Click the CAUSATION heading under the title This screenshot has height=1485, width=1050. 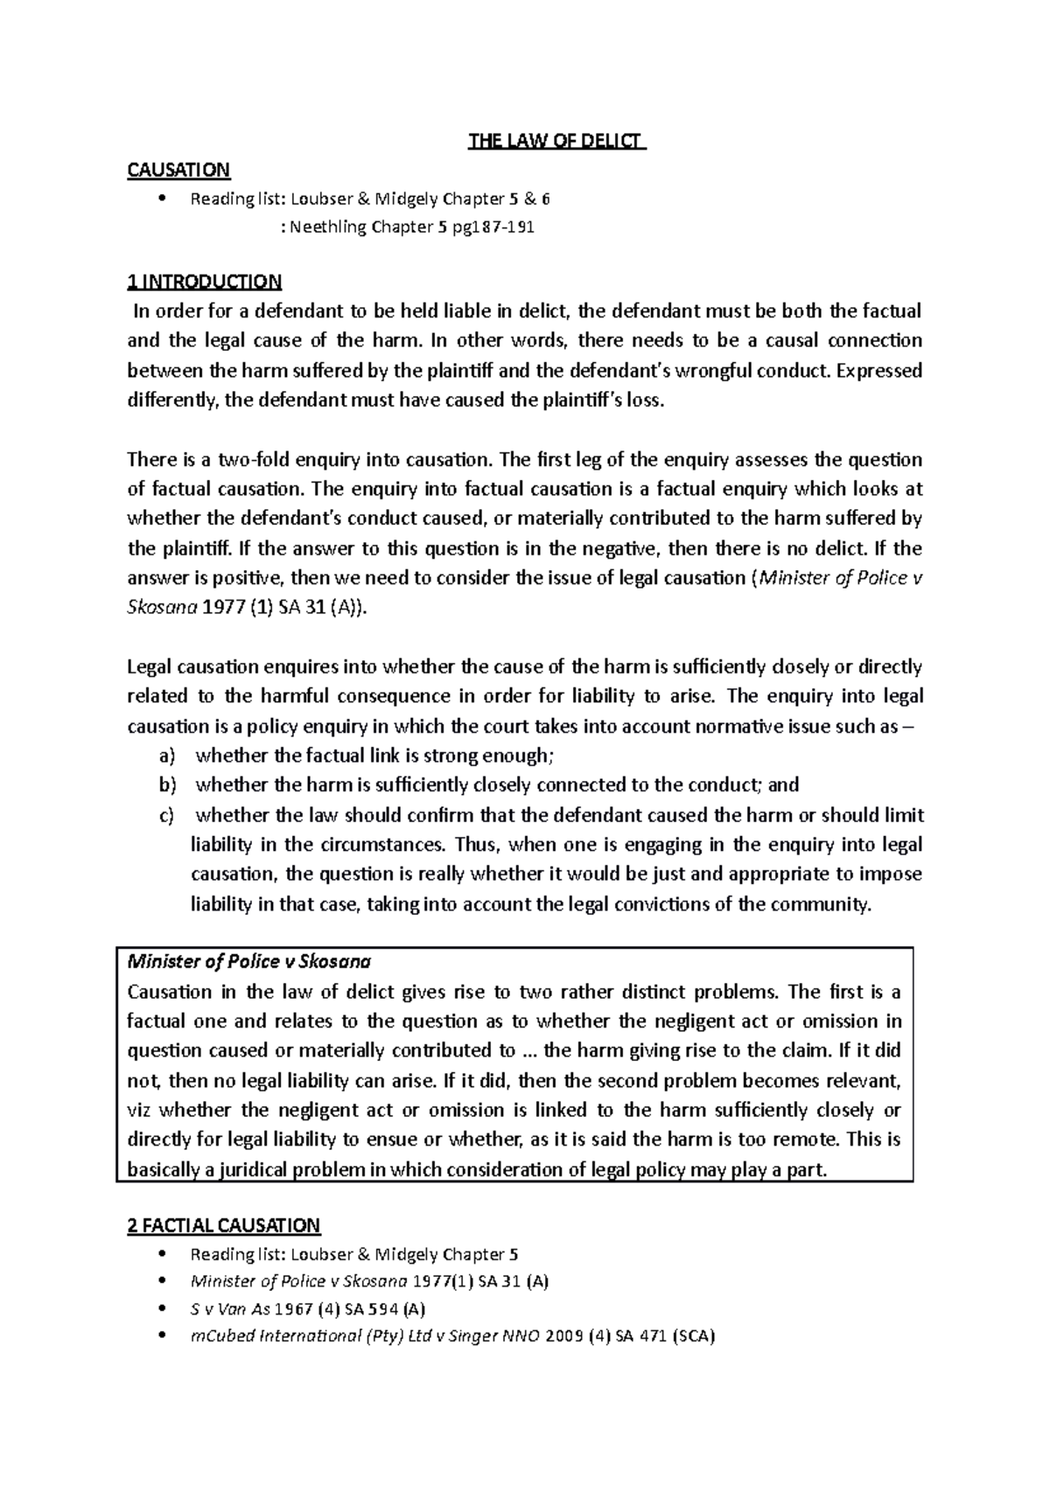(178, 170)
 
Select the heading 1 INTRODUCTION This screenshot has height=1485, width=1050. (204, 282)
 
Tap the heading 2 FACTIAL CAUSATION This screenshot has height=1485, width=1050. (224, 1225)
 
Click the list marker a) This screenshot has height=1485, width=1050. (166, 756)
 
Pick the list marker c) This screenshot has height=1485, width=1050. (166, 815)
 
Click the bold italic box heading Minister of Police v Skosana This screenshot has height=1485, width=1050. (249, 962)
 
